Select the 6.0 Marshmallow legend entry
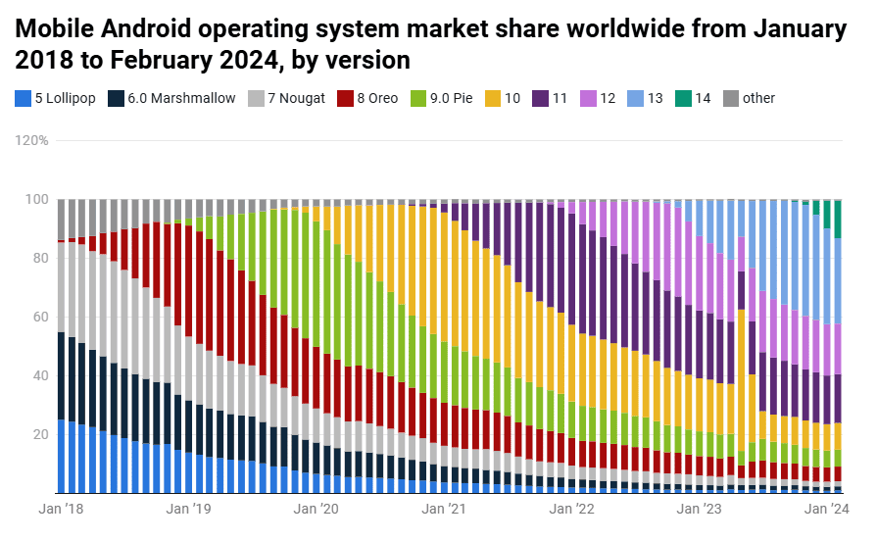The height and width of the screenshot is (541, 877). coord(172,98)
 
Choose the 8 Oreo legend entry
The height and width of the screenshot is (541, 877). coord(368,98)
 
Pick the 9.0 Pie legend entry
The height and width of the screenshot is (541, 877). coord(442,98)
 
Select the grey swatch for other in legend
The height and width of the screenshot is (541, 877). coord(730,98)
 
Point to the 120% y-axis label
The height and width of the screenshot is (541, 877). coord(31,140)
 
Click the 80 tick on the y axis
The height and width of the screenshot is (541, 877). coord(40,258)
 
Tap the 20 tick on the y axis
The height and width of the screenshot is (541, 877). coord(40,434)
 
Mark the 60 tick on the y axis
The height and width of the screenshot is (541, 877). coord(40,317)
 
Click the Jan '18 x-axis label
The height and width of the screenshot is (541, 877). coord(61,509)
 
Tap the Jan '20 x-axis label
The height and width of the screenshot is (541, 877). coord(317,509)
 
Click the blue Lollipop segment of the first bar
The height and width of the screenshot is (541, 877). coord(62,456)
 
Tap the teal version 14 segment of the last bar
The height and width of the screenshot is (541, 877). coord(838,220)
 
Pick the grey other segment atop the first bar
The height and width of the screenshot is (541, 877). coord(62,219)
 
